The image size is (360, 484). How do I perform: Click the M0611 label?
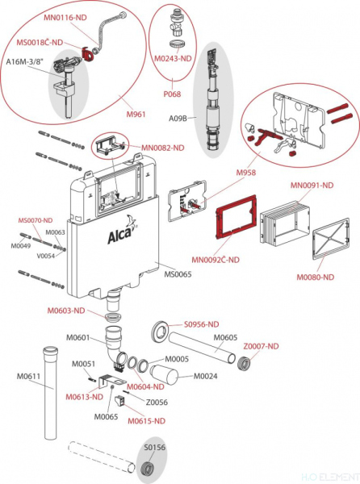19,375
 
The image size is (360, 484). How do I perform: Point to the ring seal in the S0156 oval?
147,469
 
